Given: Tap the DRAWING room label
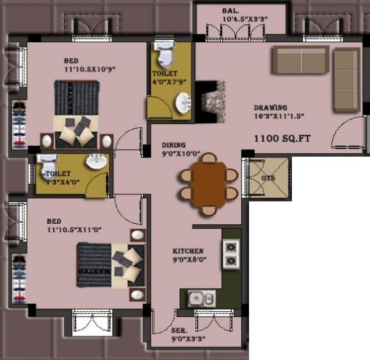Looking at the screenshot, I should pos(270,107).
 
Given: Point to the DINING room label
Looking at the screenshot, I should pos(173,145).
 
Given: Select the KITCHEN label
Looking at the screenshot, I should pos(188,251).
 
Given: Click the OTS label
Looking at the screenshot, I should pos(268,178).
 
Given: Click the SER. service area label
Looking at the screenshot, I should pos(179,331).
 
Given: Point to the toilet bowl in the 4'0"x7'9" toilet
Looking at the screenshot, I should pos(165,55).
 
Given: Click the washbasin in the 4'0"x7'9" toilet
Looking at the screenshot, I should pos(183,101).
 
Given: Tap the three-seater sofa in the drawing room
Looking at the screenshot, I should pos(301,59).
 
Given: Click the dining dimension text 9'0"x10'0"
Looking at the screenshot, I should pos(181,154).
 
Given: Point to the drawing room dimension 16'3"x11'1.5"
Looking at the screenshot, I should pos(278,116).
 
